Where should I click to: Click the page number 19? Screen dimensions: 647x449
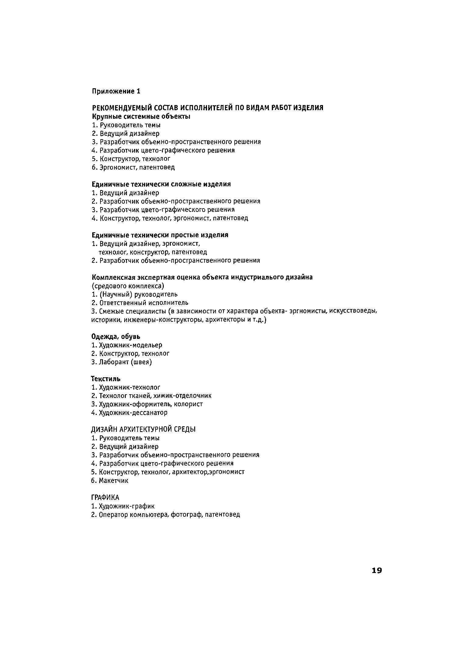[377, 570]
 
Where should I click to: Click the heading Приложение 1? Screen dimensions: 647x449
[116, 91]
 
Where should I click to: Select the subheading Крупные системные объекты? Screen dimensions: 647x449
[141, 117]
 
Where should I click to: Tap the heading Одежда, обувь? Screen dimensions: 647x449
[116, 336]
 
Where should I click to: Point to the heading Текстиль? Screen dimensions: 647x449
[106, 379]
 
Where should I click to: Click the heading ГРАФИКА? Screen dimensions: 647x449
[105, 498]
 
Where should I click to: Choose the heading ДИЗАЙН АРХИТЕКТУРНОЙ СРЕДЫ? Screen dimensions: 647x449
[143, 429]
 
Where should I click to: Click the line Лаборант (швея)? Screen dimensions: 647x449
[125, 362]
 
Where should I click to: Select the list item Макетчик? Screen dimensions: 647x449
[113, 480]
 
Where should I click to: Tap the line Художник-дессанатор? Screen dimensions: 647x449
[133, 413]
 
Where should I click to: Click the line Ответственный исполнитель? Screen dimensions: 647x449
[143, 303]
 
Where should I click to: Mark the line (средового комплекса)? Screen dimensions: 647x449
[128, 286]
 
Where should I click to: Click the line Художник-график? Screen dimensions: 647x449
[127, 506]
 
